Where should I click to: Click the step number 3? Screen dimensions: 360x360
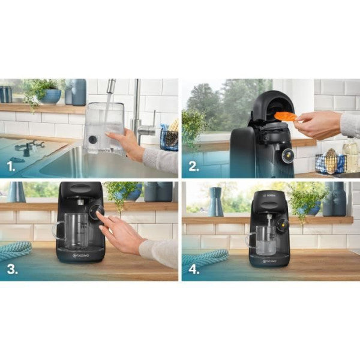click(x=12, y=268)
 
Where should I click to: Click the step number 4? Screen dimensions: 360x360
click(x=194, y=268)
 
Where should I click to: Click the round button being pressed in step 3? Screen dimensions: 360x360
click(x=95, y=212)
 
